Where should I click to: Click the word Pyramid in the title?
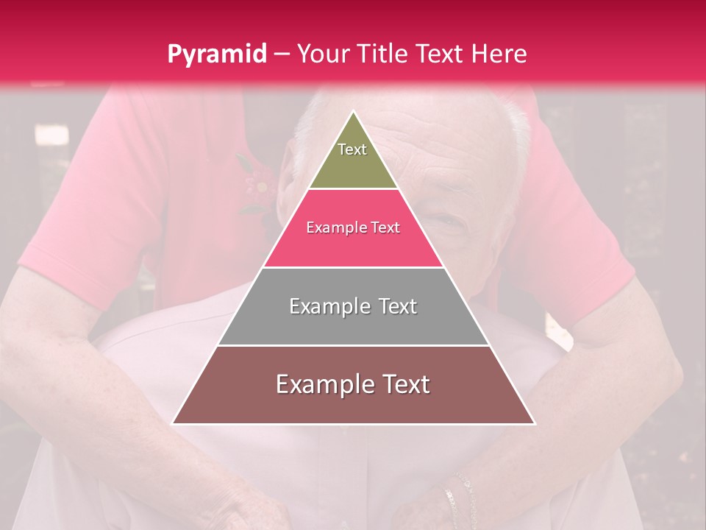click(x=217, y=54)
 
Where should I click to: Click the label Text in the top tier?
click(x=352, y=149)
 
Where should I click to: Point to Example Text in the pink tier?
click(x=353, y=228)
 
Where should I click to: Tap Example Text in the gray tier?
click(x=353, y=306)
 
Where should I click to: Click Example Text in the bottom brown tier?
click(x=353, y=384)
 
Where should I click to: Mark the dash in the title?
click(x=282, y=54)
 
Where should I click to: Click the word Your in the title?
click(x=321, y=54)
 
